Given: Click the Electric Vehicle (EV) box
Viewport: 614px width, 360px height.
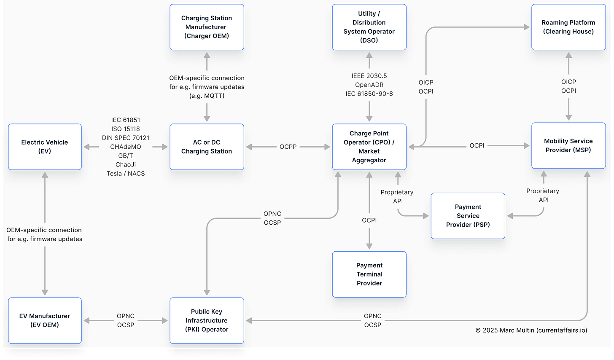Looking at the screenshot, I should click(x=45, y=147).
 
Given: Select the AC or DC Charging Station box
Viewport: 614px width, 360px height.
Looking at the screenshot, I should click(x=207, y=147).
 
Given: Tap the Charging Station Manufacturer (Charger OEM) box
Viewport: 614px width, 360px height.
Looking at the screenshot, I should click(x=207, y=27).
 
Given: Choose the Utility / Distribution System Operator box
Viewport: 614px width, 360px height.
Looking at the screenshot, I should click(x=369, y=27).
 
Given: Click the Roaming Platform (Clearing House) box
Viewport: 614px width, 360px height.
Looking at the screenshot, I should click(x=568, y=27).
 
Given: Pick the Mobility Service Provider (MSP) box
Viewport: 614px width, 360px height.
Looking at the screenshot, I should click(x=568, y=145).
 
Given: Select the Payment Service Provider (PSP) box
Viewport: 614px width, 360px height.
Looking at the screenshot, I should click(x=468, y=216).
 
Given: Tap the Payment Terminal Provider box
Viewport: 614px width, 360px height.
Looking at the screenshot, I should click(x=369, y=274).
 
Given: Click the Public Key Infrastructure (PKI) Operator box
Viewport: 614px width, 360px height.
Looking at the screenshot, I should click(x=207, y=320).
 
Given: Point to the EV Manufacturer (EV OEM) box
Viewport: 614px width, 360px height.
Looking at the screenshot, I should click(x=45, y=320).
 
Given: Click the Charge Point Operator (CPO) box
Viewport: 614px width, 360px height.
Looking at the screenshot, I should click(x=369, y=147).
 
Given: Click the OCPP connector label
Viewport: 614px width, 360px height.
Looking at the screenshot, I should click(x=288, y=147).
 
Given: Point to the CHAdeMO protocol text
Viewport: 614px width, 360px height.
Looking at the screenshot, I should click(x=126, y=147).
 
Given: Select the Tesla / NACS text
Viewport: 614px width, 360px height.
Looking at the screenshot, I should click(x=126, y=174).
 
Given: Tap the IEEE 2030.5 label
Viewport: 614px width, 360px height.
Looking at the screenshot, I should click(x=369, y=76).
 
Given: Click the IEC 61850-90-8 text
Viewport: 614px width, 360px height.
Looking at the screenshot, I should click(x=369, y=94).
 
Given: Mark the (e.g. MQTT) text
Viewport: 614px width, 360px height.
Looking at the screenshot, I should click(x=207, y=96).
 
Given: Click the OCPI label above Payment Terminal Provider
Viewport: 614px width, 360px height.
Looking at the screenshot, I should click(x=369, y=220).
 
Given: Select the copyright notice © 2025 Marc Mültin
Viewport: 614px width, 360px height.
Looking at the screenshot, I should click(x=531, y=330).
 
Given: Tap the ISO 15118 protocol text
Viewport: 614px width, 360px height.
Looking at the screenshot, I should click(x=126, y=129).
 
